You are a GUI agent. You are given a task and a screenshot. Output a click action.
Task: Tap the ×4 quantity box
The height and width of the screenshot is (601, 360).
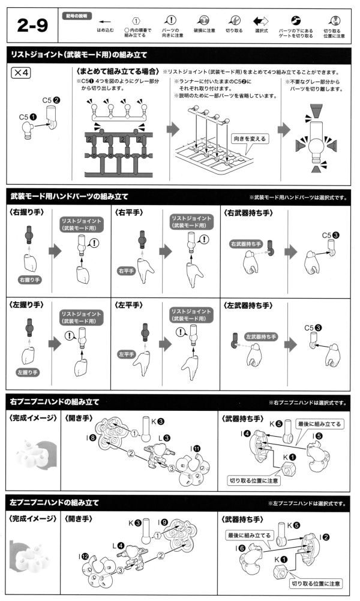click(22, 73)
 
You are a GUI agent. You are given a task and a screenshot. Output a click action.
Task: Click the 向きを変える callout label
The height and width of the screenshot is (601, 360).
click(249, 139)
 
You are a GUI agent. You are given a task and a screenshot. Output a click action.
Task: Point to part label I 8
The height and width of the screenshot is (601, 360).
click(92, 438)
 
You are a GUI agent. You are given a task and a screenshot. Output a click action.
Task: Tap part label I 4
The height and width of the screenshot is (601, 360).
click(247, 433)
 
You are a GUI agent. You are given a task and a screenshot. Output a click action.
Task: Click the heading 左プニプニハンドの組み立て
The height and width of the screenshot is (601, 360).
click(54, 502)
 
